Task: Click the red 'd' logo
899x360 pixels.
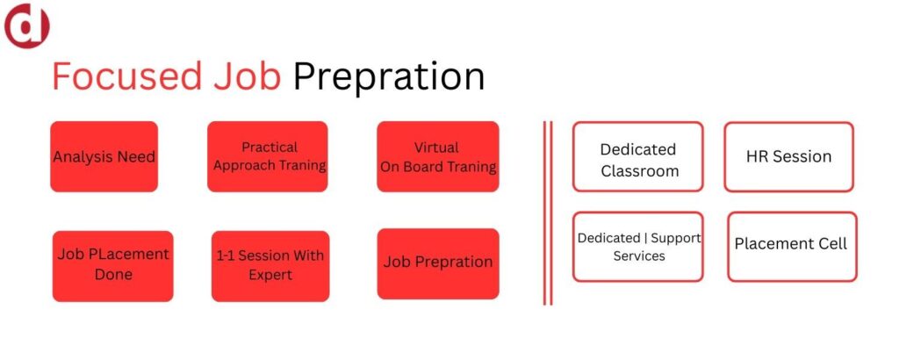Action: (x=27, y=25)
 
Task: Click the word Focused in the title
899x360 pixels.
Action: (x=126, y=76)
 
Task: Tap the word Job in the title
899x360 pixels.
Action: (x=247, y=76)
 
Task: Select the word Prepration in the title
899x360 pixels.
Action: (x=389, y=78)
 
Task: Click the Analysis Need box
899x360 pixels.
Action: (x=104, y=156)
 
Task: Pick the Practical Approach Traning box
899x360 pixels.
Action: (x=267, y=156)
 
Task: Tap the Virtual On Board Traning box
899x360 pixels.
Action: (x=438, y=156)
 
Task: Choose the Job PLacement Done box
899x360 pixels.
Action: (x=113, y=266)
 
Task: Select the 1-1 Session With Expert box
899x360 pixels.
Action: (x=270, y=266)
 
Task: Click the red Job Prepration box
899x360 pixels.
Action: (x=438, y=263)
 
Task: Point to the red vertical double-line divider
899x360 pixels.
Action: (x=548, y=212)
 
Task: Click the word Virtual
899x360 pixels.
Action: (x=436, y=148)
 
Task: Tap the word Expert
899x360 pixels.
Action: (x=270, y=276)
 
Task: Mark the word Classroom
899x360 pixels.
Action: (x=640, y=171)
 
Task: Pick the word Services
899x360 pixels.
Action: (x=639, y=256)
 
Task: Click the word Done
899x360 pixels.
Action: (x=113, y=275)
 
